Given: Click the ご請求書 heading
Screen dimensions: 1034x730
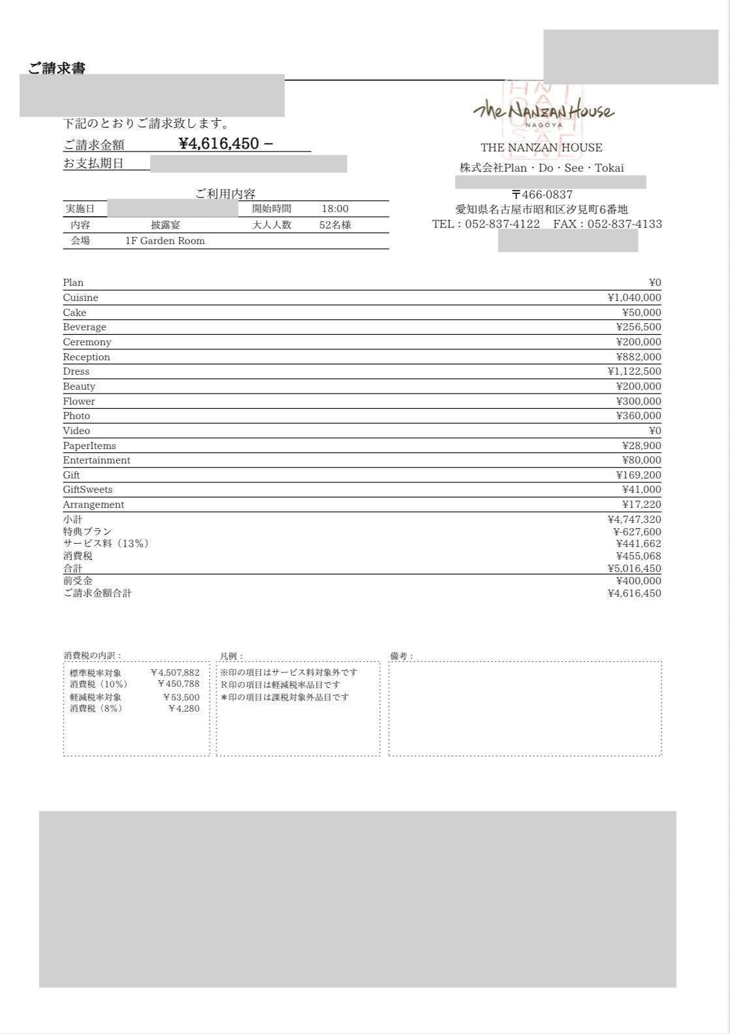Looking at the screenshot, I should click(57, 68).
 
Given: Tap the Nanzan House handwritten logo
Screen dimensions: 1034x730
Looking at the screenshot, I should click(543, 111).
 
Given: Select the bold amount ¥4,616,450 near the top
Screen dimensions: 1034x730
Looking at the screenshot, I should click(219, 144).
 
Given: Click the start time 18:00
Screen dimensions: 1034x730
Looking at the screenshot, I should click(335, 209).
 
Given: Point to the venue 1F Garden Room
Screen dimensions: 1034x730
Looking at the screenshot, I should click(165, 241).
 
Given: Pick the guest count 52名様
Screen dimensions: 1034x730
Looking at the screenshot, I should click(335, 225).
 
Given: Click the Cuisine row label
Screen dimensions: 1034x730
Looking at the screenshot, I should click(80, 298).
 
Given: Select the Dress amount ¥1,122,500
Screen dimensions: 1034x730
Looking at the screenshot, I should click(634, 371).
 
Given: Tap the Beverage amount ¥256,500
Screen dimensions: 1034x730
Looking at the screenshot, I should click(638, 327).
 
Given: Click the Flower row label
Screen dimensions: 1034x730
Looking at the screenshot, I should click(78, 401).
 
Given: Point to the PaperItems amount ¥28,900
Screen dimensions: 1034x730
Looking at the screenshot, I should click(641, 446).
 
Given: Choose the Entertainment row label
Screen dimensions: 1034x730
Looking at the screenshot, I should click(96, 460).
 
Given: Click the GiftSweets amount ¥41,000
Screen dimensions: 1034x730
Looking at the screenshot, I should click(641, 490).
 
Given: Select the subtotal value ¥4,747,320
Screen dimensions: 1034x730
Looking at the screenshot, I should click(634, 520).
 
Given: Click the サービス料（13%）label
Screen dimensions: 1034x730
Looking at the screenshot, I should click(106, 544).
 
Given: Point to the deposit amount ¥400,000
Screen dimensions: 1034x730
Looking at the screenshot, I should click(638, 581).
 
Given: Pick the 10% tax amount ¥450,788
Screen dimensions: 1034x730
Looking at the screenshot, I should click(178, 684).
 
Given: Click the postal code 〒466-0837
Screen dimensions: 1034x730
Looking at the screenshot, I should click(542, 195).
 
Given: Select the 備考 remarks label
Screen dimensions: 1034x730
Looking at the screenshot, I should click(402, 656).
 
